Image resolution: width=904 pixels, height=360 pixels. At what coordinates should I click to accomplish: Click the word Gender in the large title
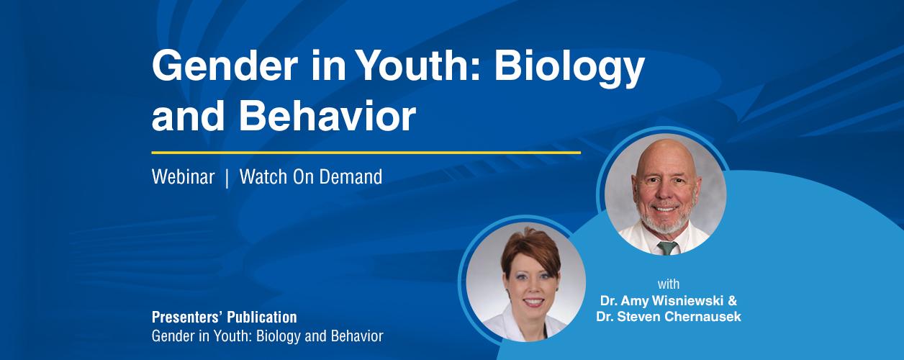coord(225,66)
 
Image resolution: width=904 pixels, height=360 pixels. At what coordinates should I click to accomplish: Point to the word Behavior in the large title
coord(327,116)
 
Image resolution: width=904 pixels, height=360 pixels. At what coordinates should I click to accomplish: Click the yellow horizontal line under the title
coord(366,153)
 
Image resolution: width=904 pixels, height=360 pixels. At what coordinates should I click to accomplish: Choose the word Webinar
coord(183,177)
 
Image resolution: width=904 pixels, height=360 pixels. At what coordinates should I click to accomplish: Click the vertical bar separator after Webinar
coord(227,178)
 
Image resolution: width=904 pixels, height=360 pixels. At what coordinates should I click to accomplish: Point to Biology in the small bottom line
coord(279,337)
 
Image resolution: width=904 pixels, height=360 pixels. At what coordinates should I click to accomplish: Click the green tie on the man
coord(666,248)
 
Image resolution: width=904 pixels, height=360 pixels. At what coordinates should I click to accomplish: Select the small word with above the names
coord(669,284)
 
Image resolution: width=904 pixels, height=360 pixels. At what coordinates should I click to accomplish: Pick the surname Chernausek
coord(702,316)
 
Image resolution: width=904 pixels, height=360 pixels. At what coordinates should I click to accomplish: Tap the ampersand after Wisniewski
coord(732,301)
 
